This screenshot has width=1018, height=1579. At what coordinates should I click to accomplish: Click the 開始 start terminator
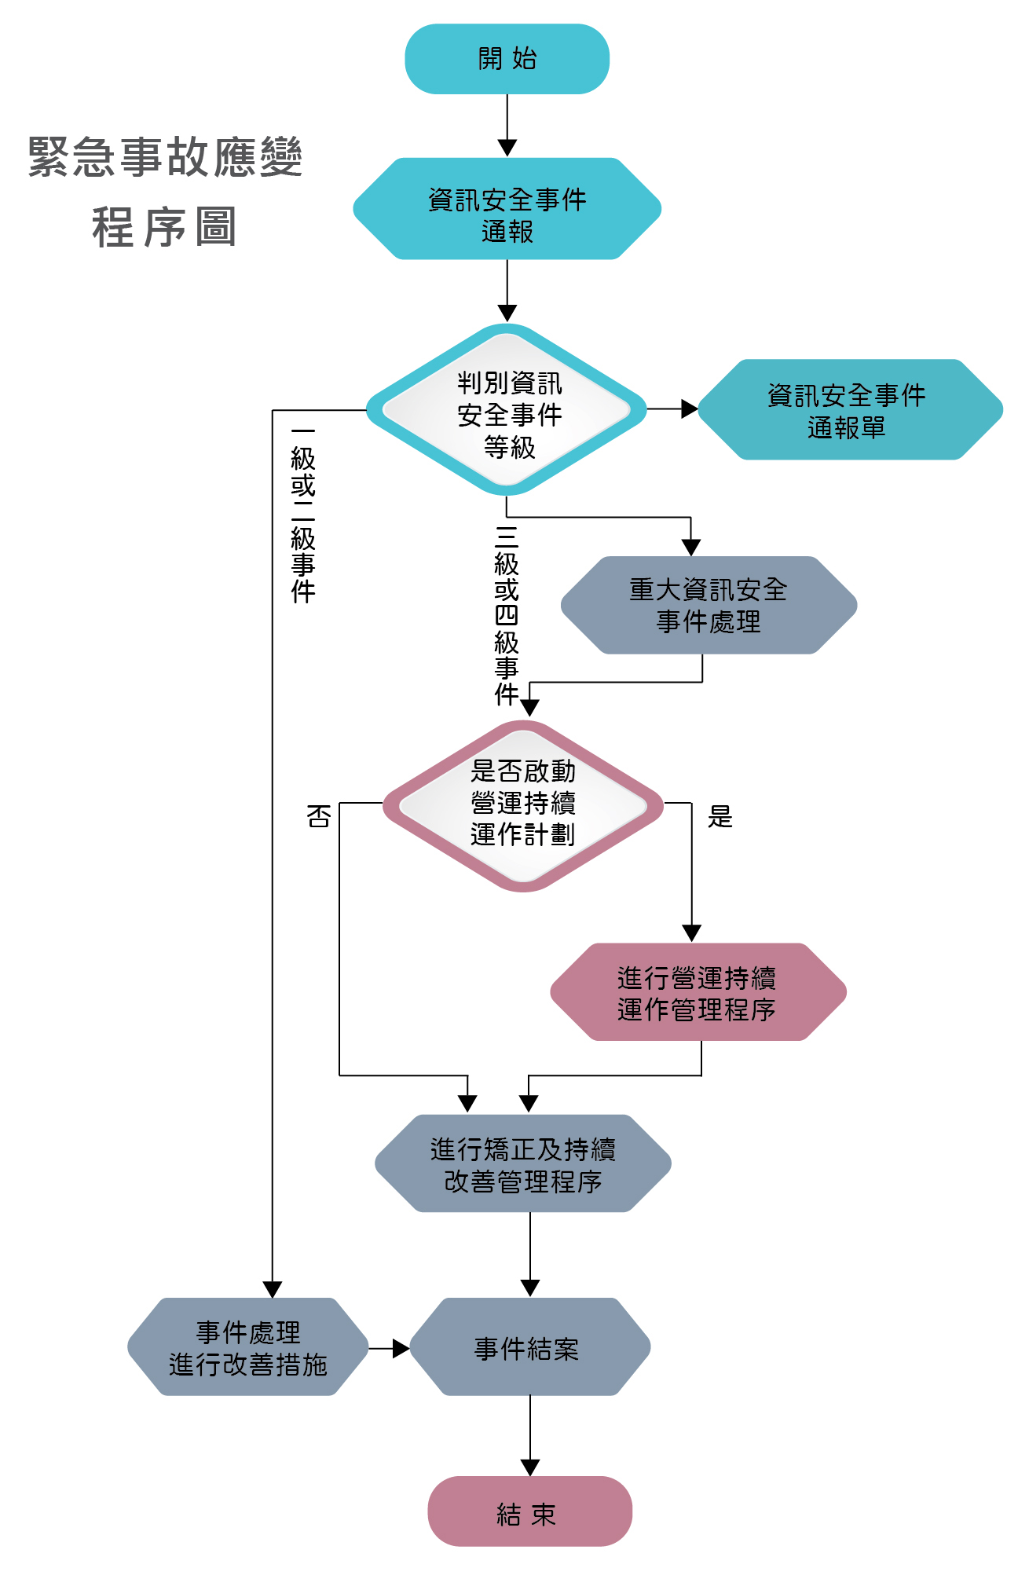(x=507, y=59)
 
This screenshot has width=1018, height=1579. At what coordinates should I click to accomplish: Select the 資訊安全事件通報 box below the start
(x=507, y=209)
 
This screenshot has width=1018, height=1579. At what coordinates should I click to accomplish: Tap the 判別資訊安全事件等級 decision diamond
(x=507, y=410)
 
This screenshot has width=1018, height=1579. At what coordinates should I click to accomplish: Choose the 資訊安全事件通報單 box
(x=848, y=410)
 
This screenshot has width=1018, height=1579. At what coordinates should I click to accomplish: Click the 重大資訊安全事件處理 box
(x=709, y=606)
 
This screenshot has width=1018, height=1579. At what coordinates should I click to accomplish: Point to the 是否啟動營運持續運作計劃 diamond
(x=523, y=804)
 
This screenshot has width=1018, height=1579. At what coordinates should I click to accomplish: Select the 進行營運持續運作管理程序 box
(x=698, y=992)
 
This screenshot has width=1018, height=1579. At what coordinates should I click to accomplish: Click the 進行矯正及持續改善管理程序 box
(x=523, y=1163)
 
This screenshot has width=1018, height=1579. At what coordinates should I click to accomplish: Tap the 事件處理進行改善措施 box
(x=248, y=1347)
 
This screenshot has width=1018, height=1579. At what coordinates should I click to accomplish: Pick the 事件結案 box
(x=529, y=1347)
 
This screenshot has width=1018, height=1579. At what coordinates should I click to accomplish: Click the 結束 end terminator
(x=529, y=1511)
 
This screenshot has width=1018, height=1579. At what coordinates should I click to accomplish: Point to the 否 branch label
(x=319, y=817)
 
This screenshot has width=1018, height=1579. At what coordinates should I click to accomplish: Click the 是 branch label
(x=720, y=817)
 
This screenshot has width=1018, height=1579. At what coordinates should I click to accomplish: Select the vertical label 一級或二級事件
(x=303, y=515)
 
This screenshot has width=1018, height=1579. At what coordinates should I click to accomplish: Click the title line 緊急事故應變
(x=165, y=156)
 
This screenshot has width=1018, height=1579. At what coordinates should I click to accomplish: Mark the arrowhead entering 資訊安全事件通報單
(x=690, y=409)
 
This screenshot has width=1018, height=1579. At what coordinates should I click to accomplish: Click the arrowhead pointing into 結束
(x=530, y=1467)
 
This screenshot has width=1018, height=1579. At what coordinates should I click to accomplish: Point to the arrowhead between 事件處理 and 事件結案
(x=401, y=1348)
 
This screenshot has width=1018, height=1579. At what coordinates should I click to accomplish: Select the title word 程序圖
(x=165, y=227)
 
